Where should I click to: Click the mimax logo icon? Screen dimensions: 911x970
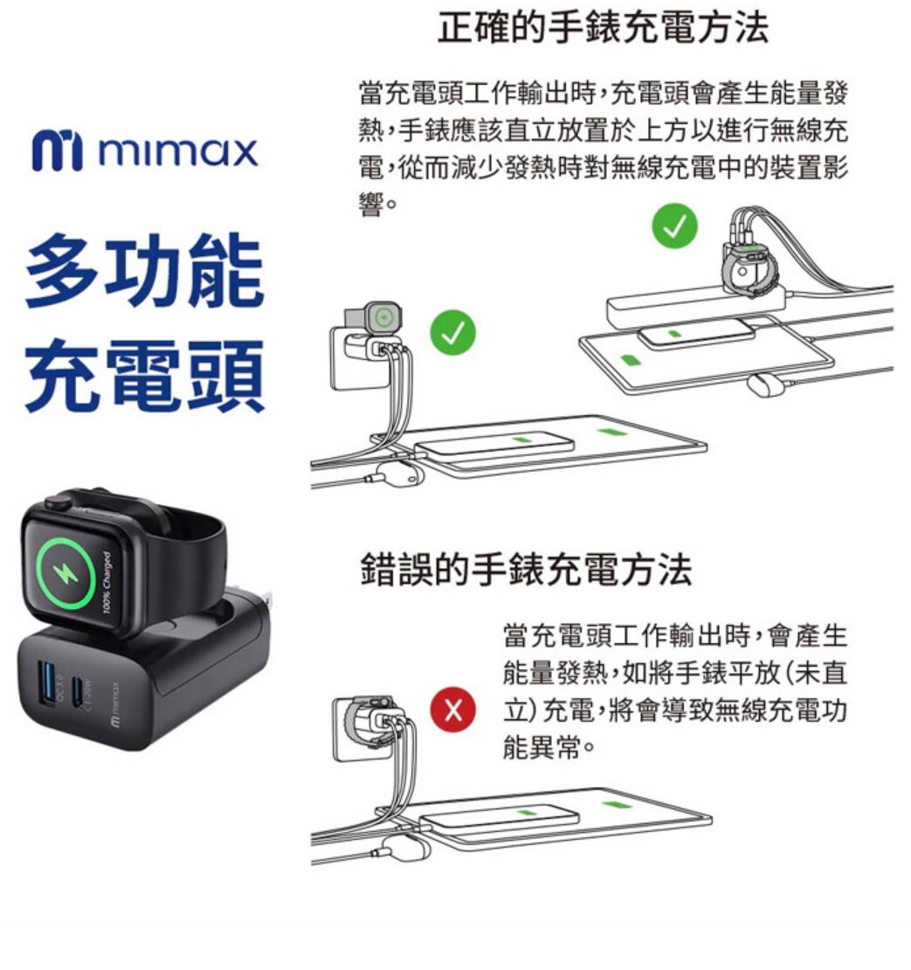pos(56,149)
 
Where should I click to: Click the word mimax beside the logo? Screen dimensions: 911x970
pos(177,151)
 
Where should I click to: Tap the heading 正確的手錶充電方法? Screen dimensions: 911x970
pos(603,27)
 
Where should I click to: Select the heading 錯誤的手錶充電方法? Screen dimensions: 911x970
pos(526,569)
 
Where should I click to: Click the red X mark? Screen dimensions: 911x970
pos(453,710)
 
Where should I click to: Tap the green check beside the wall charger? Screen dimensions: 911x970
pos(453,332)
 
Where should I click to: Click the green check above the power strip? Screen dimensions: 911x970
pos(675,225)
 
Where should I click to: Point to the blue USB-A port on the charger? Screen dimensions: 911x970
pos(46,682)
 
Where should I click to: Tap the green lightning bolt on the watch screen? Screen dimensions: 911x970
pos(66,573)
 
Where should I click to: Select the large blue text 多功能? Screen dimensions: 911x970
pos(144,271)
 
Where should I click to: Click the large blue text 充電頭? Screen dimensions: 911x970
pos(144,376)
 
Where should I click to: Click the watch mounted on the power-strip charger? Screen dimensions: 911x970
pos(747,271)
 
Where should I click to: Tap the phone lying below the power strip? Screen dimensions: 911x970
pos(696,334)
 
